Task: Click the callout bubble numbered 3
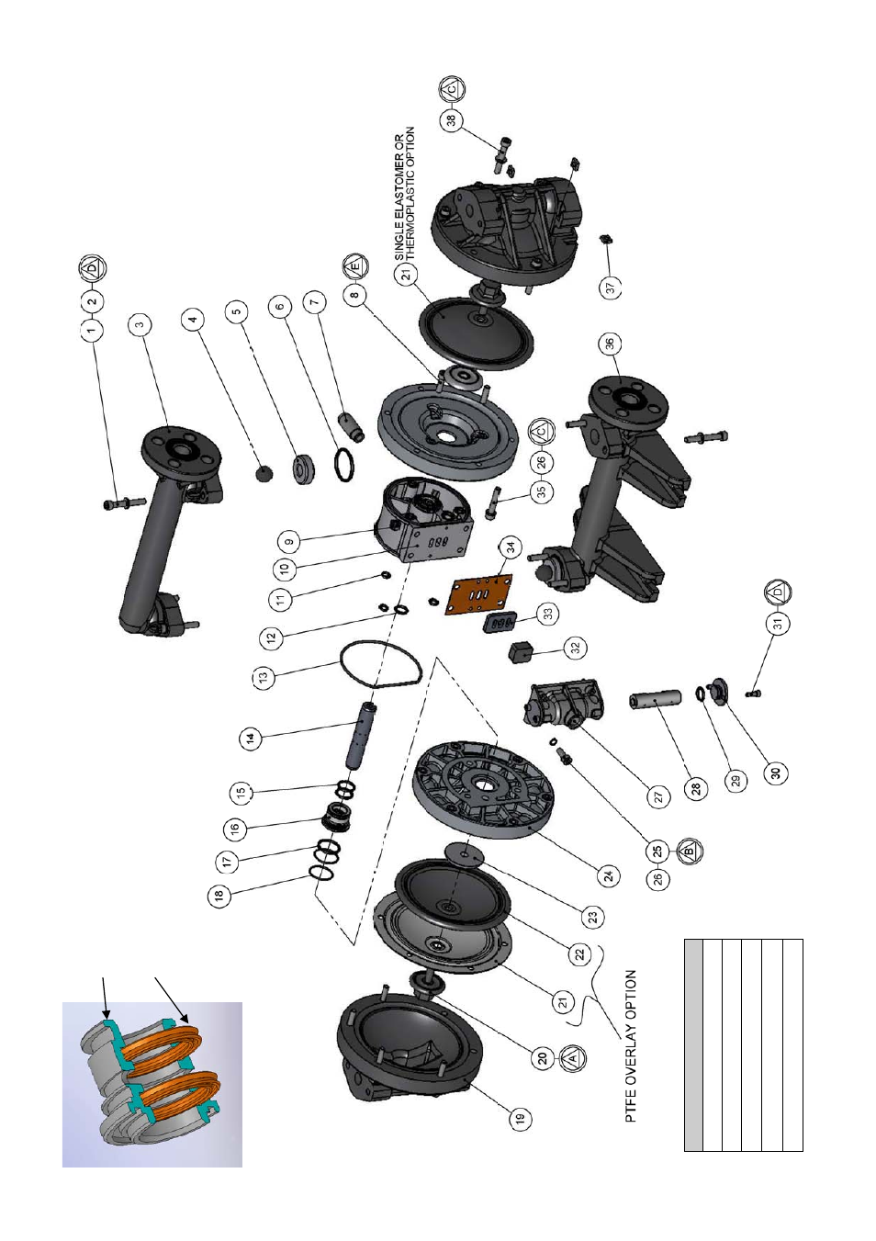point(140,323)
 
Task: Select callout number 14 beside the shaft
point(250,737)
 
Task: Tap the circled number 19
point(521,1118)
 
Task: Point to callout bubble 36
point(609,344)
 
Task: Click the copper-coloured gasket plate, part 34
point(478,594)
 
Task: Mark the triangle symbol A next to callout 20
point(572,1058)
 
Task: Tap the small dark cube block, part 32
point(522,652)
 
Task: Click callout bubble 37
point(612,288)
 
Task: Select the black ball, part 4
point(264,472)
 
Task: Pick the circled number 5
point(237,311)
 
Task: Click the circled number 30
point(777,773)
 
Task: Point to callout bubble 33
point(548,614)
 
